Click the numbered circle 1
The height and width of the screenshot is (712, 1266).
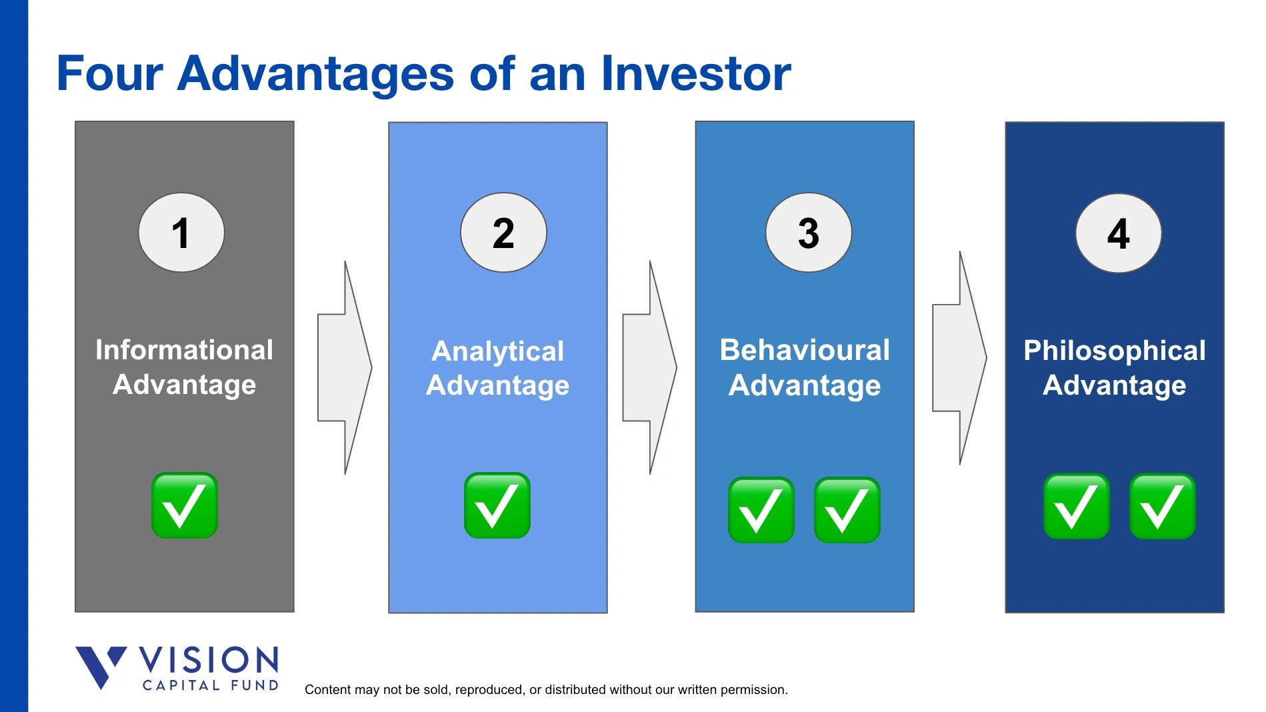(x=181, y=233)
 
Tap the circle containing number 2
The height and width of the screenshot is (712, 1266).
(x=503, y=233)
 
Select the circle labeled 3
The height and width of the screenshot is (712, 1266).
(x=808, y=233)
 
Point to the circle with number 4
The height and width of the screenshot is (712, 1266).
(x=1118, y=233)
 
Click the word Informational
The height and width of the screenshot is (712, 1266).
(x=184, y=350)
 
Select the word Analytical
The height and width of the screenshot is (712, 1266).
(x=497, y=351)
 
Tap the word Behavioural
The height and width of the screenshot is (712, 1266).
(x=805, y=350)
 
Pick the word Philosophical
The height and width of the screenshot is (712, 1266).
(x=1114, y=351)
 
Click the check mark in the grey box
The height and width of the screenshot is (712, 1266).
(x=185, y=505)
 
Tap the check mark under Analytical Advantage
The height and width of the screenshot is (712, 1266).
(x=497, y=505)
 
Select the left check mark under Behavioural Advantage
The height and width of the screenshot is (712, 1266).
(x=761, y=510)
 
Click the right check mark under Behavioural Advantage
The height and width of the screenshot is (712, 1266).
(x=847, y=510)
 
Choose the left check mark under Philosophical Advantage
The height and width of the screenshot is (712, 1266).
(x=1076, y=507)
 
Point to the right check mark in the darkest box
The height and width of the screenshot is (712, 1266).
(x=1162, y=507)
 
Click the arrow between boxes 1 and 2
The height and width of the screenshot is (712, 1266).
(x=345, y=367)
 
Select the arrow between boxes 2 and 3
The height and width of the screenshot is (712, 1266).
(x=649, y=367)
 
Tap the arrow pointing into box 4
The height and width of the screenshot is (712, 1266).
(x=959, y=358)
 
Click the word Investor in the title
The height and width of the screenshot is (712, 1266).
(x=695, y=73)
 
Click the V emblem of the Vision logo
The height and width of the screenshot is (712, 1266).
(x=100, y=665)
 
